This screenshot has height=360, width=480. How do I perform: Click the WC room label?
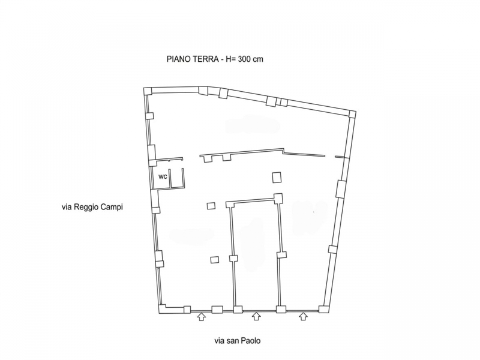point(163,177)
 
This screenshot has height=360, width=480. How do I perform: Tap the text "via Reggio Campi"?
point(92,207)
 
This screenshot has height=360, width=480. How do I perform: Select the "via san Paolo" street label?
point(237,341)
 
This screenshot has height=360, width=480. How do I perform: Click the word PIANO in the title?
point(178,59)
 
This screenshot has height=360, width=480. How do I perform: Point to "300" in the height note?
point(244,59)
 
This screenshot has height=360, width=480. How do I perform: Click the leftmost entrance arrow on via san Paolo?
point(201,317)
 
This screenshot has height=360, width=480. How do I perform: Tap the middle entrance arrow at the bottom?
point(256,316)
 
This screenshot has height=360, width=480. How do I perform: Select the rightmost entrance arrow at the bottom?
point(303,316)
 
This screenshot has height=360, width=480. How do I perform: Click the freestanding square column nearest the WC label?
point(211,206)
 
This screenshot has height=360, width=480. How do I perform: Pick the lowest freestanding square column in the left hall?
point(215,260)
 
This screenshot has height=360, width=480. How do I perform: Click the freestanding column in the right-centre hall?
point(277,177)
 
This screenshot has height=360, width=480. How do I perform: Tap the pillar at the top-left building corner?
point(148,91)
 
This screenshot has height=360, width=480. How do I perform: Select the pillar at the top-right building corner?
point(352,114)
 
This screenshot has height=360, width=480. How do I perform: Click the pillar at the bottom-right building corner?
point(323,309)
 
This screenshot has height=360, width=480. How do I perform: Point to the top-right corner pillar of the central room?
point(278,198)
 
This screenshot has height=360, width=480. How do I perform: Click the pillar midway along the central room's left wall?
point(233,259)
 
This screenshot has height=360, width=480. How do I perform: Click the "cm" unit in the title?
point(258,59)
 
